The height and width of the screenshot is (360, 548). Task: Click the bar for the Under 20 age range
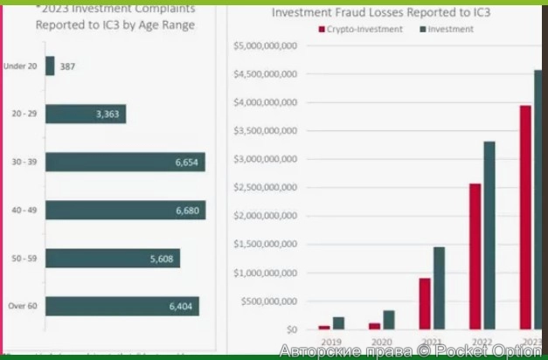tap(50, 66)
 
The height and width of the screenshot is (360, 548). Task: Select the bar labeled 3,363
tap(86, 114)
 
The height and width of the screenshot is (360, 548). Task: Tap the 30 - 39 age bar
tap(125, 163)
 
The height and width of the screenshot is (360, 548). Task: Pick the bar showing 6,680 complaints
tap(125, 210)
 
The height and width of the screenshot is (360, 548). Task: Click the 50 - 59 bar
tap(113, 258)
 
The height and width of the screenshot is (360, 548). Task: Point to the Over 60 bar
tap(122, 306)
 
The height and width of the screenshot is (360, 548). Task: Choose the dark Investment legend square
tap(423, 30)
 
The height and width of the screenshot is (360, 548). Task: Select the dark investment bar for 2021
tap(439, 287)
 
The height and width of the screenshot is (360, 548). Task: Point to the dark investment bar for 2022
tap(489, 235)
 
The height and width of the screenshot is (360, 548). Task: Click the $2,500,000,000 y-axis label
tap(266, 188)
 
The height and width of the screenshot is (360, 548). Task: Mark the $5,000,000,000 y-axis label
tap(266, 45)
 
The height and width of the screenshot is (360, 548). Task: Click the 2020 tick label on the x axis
tap(381, 343)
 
